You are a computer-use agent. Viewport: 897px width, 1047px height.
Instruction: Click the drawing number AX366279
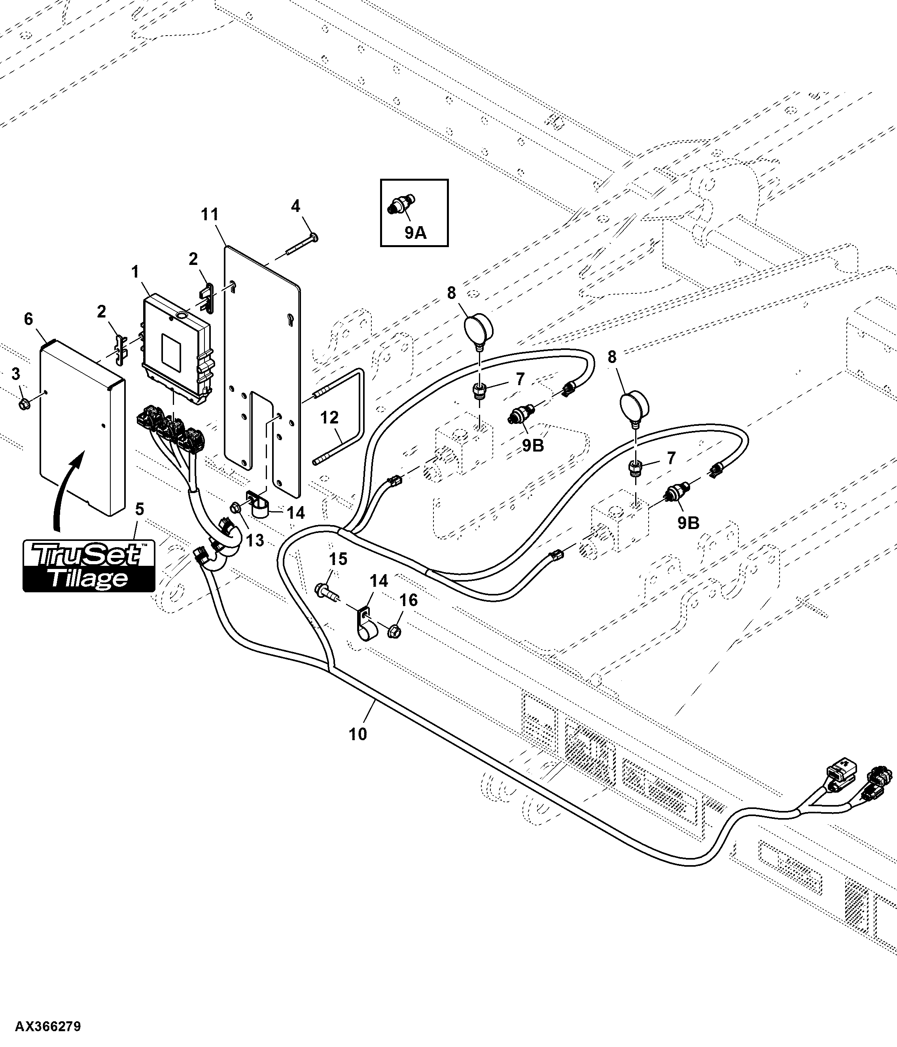click(48, 1027)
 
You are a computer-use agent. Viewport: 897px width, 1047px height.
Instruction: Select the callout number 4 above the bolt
click(295, 206)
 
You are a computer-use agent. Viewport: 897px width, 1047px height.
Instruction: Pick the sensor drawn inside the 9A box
click(401, 205)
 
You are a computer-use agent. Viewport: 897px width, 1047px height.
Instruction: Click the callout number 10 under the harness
click(358, 734)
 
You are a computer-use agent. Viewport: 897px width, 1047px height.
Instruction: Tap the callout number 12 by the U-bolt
click(329, 418)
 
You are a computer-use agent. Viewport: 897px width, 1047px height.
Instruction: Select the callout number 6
click(28, 319)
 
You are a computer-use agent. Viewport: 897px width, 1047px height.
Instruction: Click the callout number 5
click(140, 509)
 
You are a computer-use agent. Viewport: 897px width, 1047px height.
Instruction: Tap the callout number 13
click(255, 540)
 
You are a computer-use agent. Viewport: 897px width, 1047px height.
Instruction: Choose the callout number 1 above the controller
click(135, 272)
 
